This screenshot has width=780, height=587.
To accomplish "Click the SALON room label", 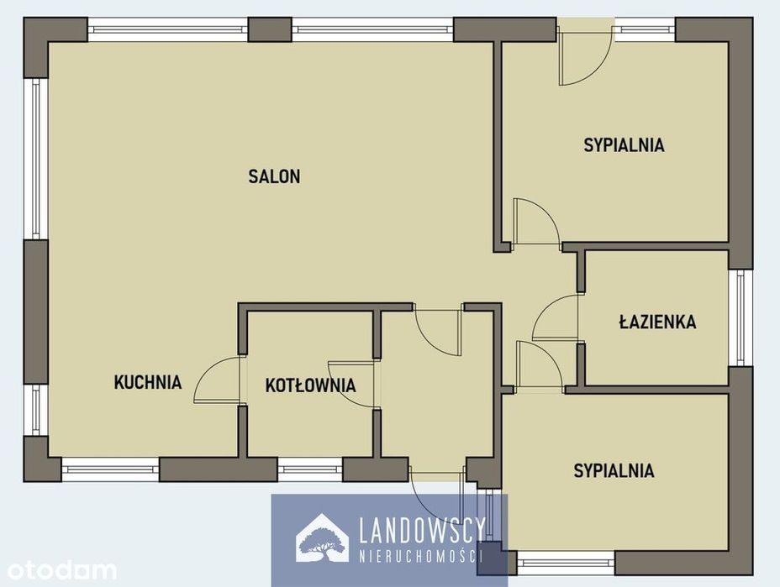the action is pyautogui.click(x=274, y=176).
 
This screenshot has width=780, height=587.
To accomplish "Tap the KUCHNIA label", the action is pyautogui.click(x=148, y=382).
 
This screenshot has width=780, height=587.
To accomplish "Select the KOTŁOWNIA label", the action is pyautogui.click(x=310, y=385).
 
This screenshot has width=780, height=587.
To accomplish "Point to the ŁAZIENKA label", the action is pyautogui.click(x=657, y=322).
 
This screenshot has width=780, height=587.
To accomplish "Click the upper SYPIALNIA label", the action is pyautogui.click(x=624, y=144).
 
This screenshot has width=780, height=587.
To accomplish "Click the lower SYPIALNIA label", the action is pyautogui.click(x=614, y=470).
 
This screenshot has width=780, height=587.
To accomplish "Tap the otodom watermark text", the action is pyautogui.click(x=61, y=569).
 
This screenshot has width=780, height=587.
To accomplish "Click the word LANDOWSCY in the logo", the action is pyautogui.click(x=422, y=531).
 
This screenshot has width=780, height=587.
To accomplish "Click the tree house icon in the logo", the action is pyautogui.click(x=321, y=539).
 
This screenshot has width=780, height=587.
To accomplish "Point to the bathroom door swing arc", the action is pyautogui.click(x=556, y=317).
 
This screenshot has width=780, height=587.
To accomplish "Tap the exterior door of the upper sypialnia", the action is pyautogui.click(x=585, y=55).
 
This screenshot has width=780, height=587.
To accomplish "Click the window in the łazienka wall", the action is pyautogui.click(x=741, y=318).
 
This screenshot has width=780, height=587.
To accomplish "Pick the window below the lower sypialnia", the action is pyautogui.click(x=566, y=563).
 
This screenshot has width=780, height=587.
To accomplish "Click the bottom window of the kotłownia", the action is pyautogui.click(x=310, y=469).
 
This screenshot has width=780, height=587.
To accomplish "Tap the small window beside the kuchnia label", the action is pyautogui.click(x=36, y=410).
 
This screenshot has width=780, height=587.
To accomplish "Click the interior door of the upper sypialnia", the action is pyautogui.click(x=536, y=222).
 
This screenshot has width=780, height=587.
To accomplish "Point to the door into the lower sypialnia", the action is pyautogui.click(x=540, y=365).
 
